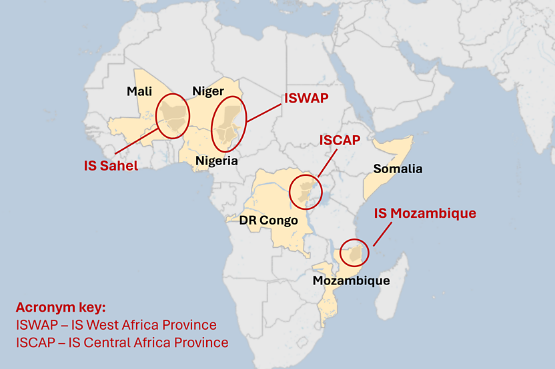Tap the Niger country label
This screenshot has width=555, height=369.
[208, 91]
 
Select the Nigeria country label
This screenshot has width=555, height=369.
[216, 161]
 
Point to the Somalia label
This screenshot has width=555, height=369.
[398, 169]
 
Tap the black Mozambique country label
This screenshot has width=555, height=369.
[351, 280]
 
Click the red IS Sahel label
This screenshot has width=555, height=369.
[111, 166]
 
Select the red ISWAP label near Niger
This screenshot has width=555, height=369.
[306, 98]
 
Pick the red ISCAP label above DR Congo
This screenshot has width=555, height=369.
[339, 141]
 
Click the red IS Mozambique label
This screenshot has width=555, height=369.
[425, 213]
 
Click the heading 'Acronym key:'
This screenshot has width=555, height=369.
[61, 308]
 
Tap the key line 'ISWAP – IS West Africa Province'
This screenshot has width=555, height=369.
[115, 325]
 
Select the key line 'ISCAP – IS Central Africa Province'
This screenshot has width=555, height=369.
[121, 342]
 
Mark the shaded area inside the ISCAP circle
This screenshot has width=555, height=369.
[304, 190]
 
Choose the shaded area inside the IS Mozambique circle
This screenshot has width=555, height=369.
[355, 253]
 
